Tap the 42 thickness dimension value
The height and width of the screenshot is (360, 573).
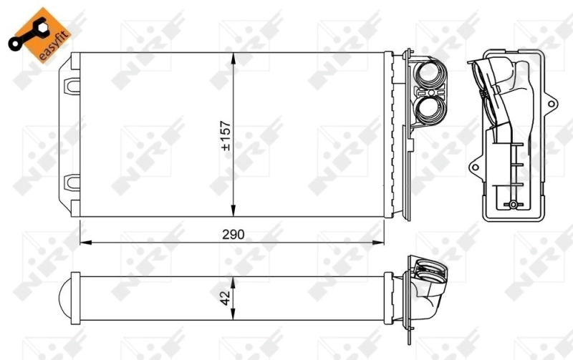(x=225, y=297)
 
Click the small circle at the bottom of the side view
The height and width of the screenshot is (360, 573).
(x=513, y=205)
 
